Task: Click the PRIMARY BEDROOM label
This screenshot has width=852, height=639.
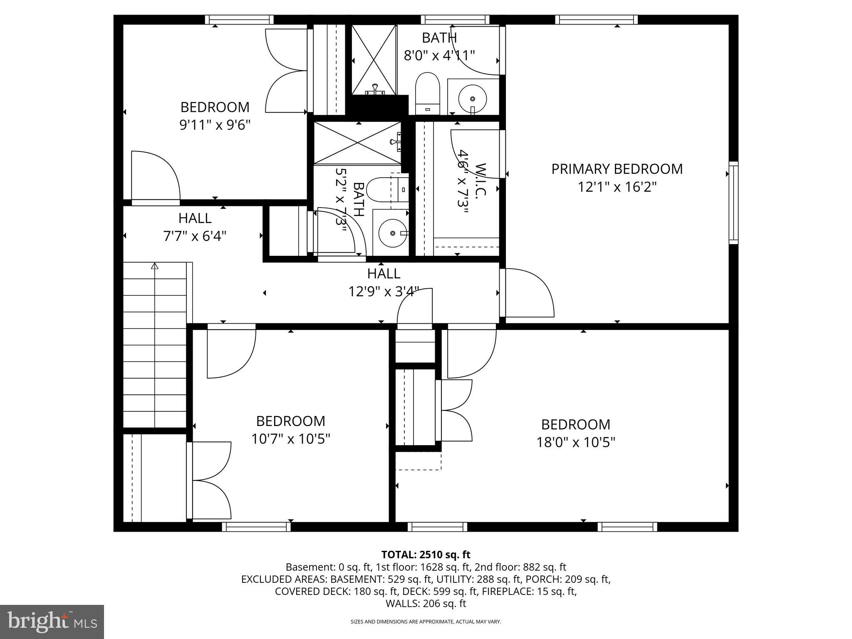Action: pyautogui.click(x=617, y=169)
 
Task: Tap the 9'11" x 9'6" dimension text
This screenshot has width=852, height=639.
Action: pyautogui.click(x=215, y=125)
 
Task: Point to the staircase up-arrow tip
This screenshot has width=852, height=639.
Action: pyautogui.click(x=155, y=265)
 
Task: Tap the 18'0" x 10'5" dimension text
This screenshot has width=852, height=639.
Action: pyautogui.click(x=575, y=442)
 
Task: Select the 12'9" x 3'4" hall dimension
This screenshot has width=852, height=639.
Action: pyautogui.click(x=383, y=292)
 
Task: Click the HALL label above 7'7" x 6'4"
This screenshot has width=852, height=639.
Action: pyautogui.click(x=195, y=218)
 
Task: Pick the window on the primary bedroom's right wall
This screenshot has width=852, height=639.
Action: pyautogui.click(x=733, y=203)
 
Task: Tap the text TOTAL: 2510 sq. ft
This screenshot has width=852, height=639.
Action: pyautogui.click(x=426, y=555)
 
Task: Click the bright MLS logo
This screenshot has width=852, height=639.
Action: pyautogui.click(x=52, y=622)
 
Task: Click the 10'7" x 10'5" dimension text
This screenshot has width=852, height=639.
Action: pyautogui.click(x=290, y=439)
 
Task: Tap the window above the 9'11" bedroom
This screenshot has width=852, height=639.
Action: pyautogui.click(x=239, y=20)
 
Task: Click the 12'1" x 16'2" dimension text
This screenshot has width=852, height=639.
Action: pyautogui.click(x=617, y=187)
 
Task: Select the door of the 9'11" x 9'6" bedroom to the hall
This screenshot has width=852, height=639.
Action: pyautogui.click(x=155, y=177)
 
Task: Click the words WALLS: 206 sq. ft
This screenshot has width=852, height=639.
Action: pyautogui.click(x=426, y=604)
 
